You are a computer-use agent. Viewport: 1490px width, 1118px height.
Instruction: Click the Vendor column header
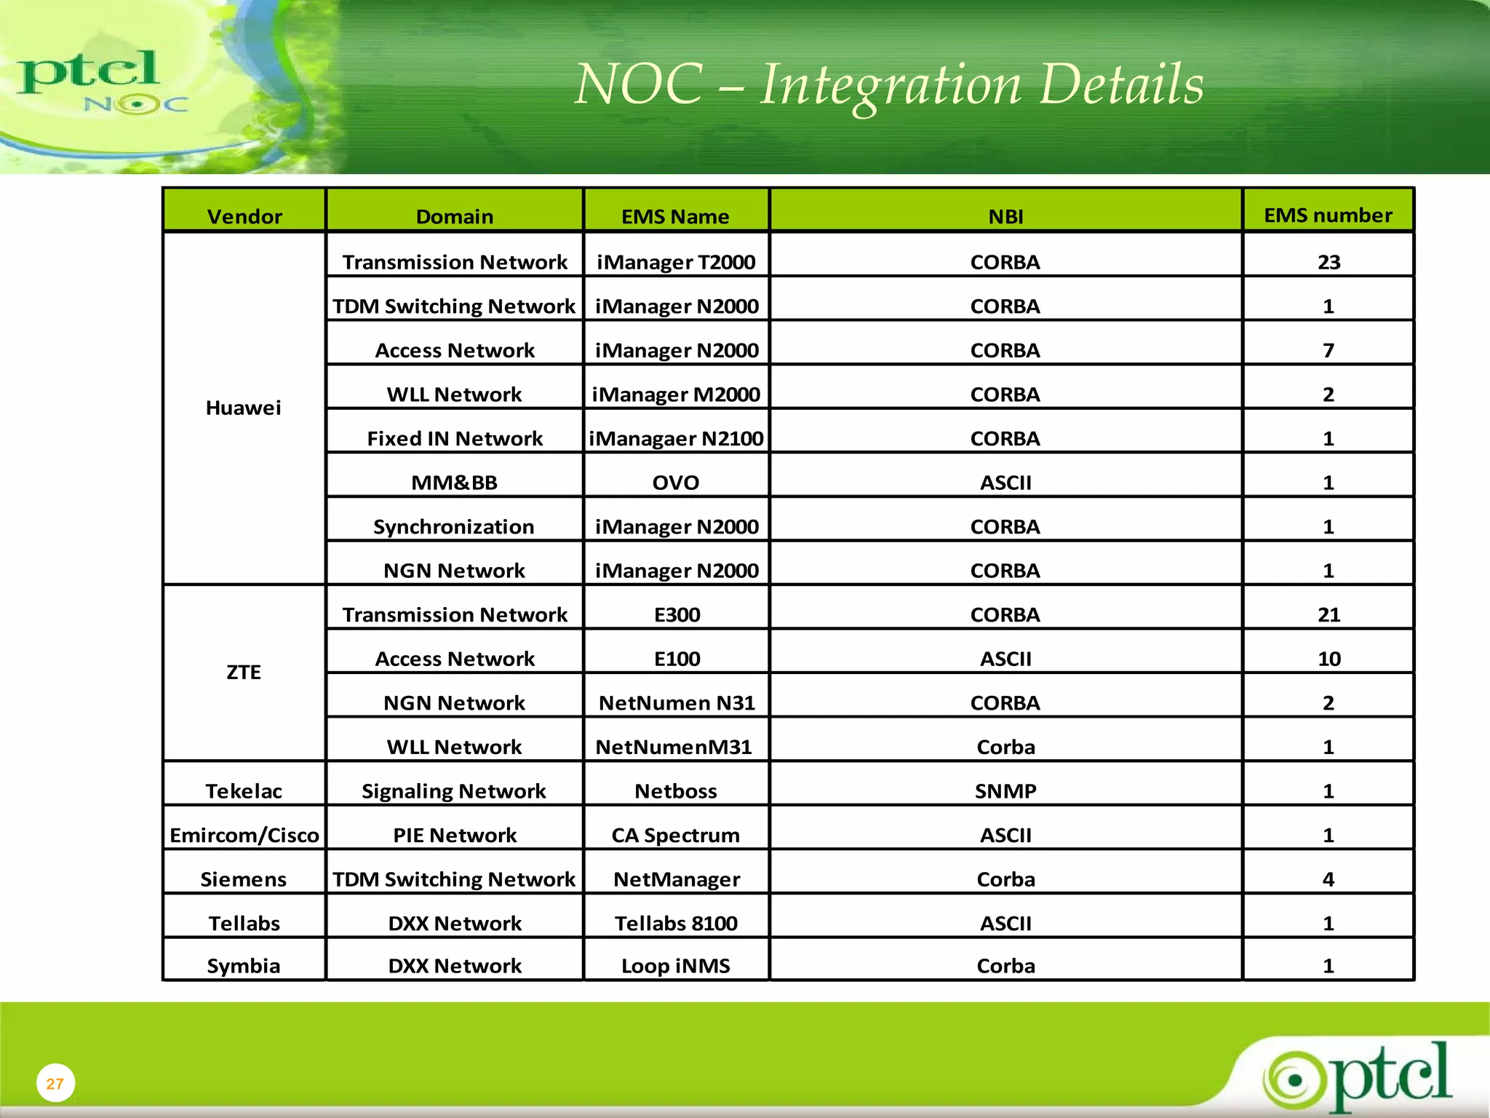click(x=244, y=216)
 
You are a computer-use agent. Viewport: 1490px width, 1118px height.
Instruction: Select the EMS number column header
click(x=1328, y=215)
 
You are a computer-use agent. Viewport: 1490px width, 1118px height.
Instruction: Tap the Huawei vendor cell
click(x=244, y=408)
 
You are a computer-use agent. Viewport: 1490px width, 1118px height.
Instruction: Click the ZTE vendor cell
click(x=244, y=672)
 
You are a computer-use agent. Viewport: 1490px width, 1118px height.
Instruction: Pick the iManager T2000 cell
click(x=676, y=262)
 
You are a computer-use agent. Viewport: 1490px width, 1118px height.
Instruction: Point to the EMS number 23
click(x=1328, y=262)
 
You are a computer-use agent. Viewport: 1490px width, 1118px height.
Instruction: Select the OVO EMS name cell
click(x=676, y=483)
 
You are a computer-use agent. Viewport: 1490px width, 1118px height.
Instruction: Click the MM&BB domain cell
click(x=455, y=483)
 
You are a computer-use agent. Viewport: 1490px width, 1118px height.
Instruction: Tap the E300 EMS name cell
click(x=677, y=615)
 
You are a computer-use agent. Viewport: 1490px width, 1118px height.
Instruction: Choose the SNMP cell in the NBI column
click(x=1005, y=791)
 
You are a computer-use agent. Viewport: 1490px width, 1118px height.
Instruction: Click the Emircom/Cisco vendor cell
click(x=244, y=835)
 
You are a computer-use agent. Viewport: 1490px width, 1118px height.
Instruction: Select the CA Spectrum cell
click(x=676, y=835)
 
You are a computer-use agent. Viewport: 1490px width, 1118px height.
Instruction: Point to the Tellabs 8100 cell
click(x=676, y=923)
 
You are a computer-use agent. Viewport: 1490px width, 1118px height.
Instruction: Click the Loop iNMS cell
click(x=676, y=966)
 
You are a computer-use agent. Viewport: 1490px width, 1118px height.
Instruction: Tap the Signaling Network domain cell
click(x=454, y=791)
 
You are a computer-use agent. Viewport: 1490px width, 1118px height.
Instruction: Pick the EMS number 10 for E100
click(x=1328, y=659)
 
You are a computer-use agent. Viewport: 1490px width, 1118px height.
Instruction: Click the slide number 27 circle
click(x=55, y=1083)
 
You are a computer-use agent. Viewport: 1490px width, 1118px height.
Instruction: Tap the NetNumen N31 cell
click(x=677, y=703)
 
